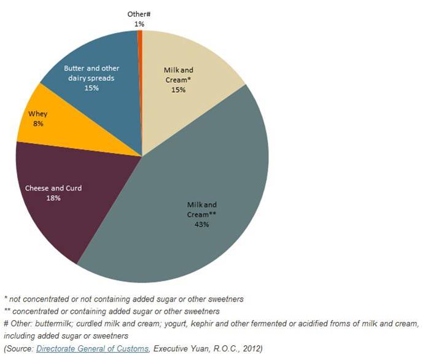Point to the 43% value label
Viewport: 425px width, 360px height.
[202, 224]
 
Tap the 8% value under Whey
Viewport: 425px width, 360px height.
[38, 123]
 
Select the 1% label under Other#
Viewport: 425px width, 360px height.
[139, 23]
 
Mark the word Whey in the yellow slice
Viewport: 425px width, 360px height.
[38, 114]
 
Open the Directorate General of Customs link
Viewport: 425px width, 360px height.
[92, 348]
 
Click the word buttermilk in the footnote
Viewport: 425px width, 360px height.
[58, 323]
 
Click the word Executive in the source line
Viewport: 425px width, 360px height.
[171, 348]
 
